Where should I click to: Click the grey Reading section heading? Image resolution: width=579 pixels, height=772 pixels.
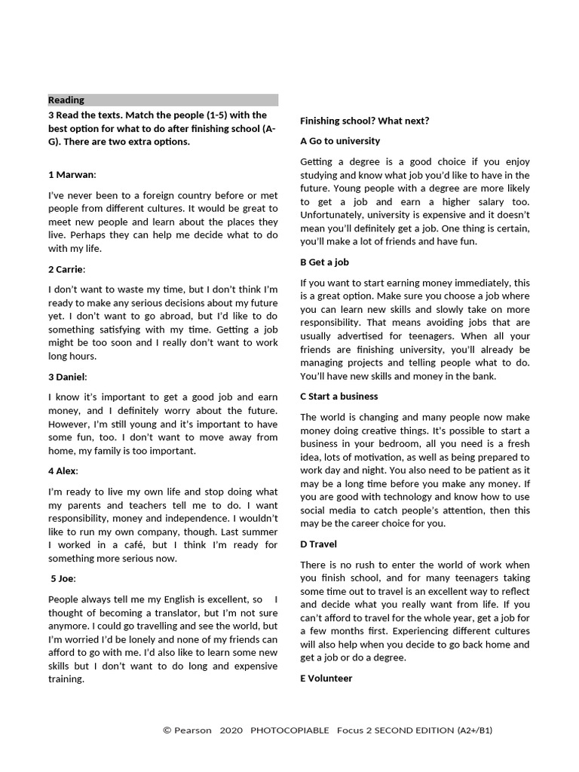click(66, 100)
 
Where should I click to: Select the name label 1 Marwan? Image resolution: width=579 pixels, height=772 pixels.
click(72, 174)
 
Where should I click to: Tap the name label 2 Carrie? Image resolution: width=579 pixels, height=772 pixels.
click(67, 268)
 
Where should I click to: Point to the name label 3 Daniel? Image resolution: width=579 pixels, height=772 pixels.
click(67, 376)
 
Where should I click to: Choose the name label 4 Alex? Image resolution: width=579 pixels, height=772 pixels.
click(63, 470)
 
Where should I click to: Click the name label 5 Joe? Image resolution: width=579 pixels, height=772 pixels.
click(63, 578)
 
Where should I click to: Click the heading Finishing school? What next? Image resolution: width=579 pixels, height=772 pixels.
click(364, 121)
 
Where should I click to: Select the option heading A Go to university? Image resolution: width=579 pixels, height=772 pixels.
click(340, 141)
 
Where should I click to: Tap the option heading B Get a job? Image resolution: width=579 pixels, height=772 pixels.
click(324, 262)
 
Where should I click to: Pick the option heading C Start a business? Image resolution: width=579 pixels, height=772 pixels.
click(339, 397)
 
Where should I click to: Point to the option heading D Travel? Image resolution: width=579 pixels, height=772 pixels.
click(318, 544)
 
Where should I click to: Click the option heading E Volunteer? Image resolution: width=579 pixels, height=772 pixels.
click(326, 679)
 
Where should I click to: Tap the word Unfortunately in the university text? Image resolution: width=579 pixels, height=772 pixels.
click(335, 216)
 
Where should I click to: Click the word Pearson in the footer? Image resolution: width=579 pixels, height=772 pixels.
click(193, 731)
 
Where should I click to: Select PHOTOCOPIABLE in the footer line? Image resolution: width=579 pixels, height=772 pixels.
click(289, 731)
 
